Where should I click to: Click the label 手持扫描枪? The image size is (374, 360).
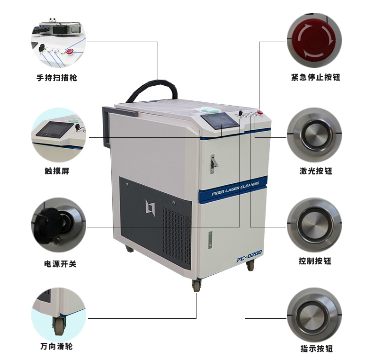pyautogui.click(x=57, y=78)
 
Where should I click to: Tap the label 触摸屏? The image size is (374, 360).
pyautogui.click(x=57, y=171)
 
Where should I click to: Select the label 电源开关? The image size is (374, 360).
pyautogui.click(x=60, y=264)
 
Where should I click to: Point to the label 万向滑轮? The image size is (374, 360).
pyautogui.click(x=56, y=346)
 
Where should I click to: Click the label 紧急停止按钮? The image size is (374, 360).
pyautogui.click(x=316, y=77)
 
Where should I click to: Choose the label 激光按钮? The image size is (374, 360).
pyautogui.click(x=316, y=171)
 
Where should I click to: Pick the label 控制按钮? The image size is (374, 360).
pyautogui.click(x=315, y=261)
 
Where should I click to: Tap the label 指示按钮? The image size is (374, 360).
pyautogui.click(x=317, y=349)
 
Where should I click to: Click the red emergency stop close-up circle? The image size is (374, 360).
pyautogui.click(x=314, y=40)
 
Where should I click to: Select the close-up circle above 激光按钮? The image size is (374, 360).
pyautogui.click(x=314, y=135)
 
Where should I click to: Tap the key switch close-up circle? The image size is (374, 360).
pyautogui.click(x=59, y=225)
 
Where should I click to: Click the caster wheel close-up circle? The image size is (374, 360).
pyautogui.click(x=59, y=315)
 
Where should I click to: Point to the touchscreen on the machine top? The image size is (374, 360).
pyautogui.click(x=220, y=122)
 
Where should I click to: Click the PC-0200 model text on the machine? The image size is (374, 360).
pyautogui.click(x=249, y=256)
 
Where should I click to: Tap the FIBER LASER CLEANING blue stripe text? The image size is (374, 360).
pyautogui.click(x=235, y=189)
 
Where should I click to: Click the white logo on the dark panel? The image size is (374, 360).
pyautogui.click(x=150, y=207)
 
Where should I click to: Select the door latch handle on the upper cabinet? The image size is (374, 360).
pyautogui.click(x=214, y=164)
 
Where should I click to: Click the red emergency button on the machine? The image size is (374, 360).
pyautogui.click(x=260, y=112)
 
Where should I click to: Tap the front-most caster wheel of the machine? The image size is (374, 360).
pyautogui.click(x=197, y=285)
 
